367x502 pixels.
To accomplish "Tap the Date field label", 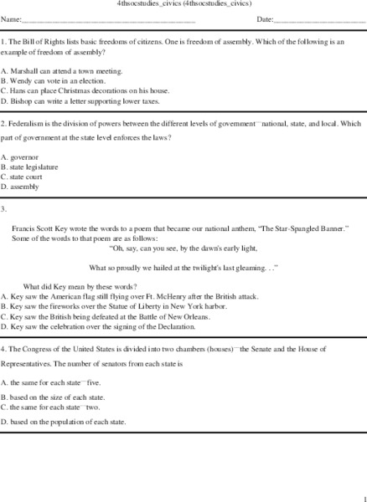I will tap(265, 18).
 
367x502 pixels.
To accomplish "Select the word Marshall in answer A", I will tap(23, 71).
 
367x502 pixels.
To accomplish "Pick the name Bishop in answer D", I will tap(21, 100).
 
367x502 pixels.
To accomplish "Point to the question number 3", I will tap(4, 208).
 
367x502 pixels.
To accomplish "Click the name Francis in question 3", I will tap(24, 228).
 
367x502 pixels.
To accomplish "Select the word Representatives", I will tap(28, 365).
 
